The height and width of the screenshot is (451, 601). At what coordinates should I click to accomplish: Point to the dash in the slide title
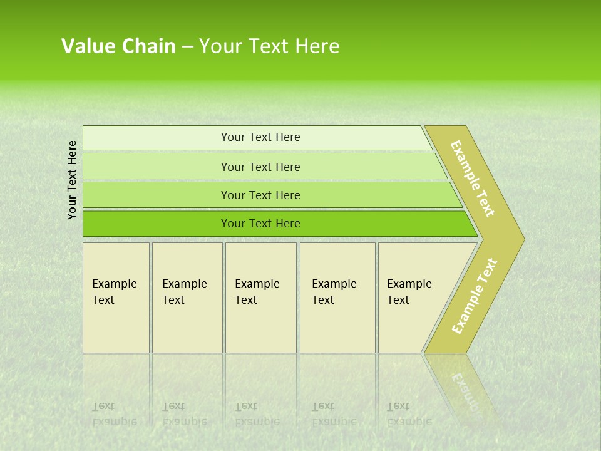[187, 47]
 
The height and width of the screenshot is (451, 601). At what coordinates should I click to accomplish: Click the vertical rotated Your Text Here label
[72, 180]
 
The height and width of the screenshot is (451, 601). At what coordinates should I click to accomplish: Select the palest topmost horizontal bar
[260, 137]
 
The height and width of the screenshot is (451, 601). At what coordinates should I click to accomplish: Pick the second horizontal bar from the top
[260, 167]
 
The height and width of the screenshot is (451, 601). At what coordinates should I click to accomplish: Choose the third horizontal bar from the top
[260, 195]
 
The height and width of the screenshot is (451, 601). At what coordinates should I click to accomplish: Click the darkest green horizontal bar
[260, 224]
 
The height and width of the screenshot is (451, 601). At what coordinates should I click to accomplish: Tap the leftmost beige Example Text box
[116, 298]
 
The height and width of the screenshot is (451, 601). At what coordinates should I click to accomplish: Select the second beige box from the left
[187, 298]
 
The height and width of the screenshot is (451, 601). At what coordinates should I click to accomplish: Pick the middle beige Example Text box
[260, 298]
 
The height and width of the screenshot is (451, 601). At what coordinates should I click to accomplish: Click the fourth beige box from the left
[337, 298]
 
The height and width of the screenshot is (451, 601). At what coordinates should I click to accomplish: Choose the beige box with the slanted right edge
[413, 298]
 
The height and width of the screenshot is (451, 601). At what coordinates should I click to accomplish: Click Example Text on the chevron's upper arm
[473, 179]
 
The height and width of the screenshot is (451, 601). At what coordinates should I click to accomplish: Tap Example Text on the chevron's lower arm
[475, 296]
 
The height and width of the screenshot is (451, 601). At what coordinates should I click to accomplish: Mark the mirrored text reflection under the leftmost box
[114, 414]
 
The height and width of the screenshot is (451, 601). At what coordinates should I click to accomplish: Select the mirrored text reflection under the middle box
[257, 414]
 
